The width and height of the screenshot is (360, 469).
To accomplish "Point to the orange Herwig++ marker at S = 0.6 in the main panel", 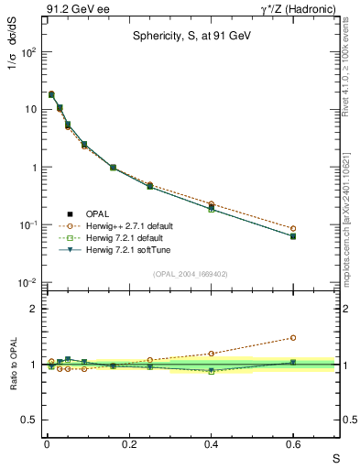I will (293, 228).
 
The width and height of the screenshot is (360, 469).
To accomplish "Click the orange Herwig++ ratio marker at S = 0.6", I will (293, 337).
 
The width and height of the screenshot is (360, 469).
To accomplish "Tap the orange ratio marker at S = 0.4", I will (211, 354).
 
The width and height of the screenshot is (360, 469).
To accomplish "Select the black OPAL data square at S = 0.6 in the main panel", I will (293, 235).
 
